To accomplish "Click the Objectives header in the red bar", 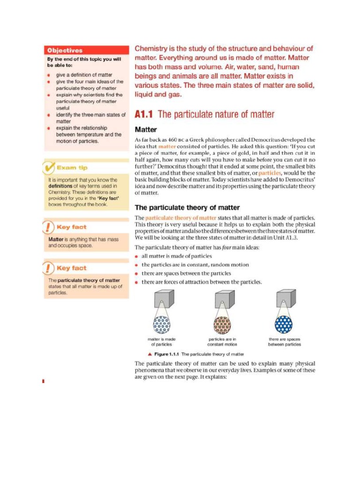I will pos(65,50).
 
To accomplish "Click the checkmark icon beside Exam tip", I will pos(49,167).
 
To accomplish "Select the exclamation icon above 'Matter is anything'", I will pos(49,227).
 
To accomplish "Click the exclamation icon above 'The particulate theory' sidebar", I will pos(49,268).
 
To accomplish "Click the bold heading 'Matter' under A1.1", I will pos(146,129).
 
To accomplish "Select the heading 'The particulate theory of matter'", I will pos(187,207).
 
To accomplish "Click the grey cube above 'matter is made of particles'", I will pos(164,298).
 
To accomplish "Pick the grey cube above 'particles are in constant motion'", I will pos(225,298).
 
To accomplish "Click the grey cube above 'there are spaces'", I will pos(285,298).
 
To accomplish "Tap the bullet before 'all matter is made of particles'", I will pos(136,256).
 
